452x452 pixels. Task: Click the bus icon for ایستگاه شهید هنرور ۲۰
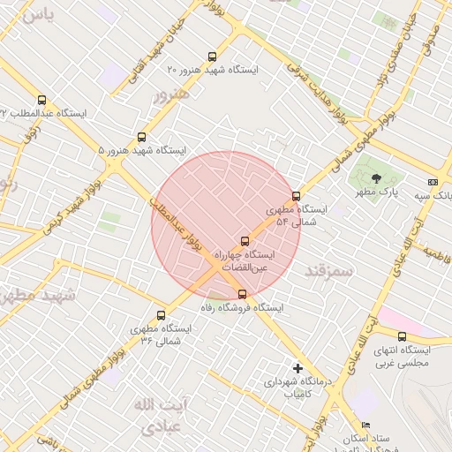tap(210, 56)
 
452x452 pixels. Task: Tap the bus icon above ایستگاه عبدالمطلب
tap(41, 100)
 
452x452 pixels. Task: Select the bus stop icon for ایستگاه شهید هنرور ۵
tap(141, 137)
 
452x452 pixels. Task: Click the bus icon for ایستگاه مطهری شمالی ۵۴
tap(296, 196)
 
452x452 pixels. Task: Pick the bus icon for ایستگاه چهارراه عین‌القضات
tap(245, 240)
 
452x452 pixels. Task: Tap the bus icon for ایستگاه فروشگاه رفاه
tap(242, 295)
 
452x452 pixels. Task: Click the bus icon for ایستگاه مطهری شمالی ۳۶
tap(161, 315)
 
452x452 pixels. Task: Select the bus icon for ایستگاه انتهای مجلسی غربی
tap(403, 336)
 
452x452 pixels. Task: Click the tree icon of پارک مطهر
tap(377, 177)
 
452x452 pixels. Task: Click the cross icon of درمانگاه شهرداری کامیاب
tap(298, 368)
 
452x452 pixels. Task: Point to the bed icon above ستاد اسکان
tap(366, 425)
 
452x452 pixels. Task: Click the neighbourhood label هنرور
tap(171, 94)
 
